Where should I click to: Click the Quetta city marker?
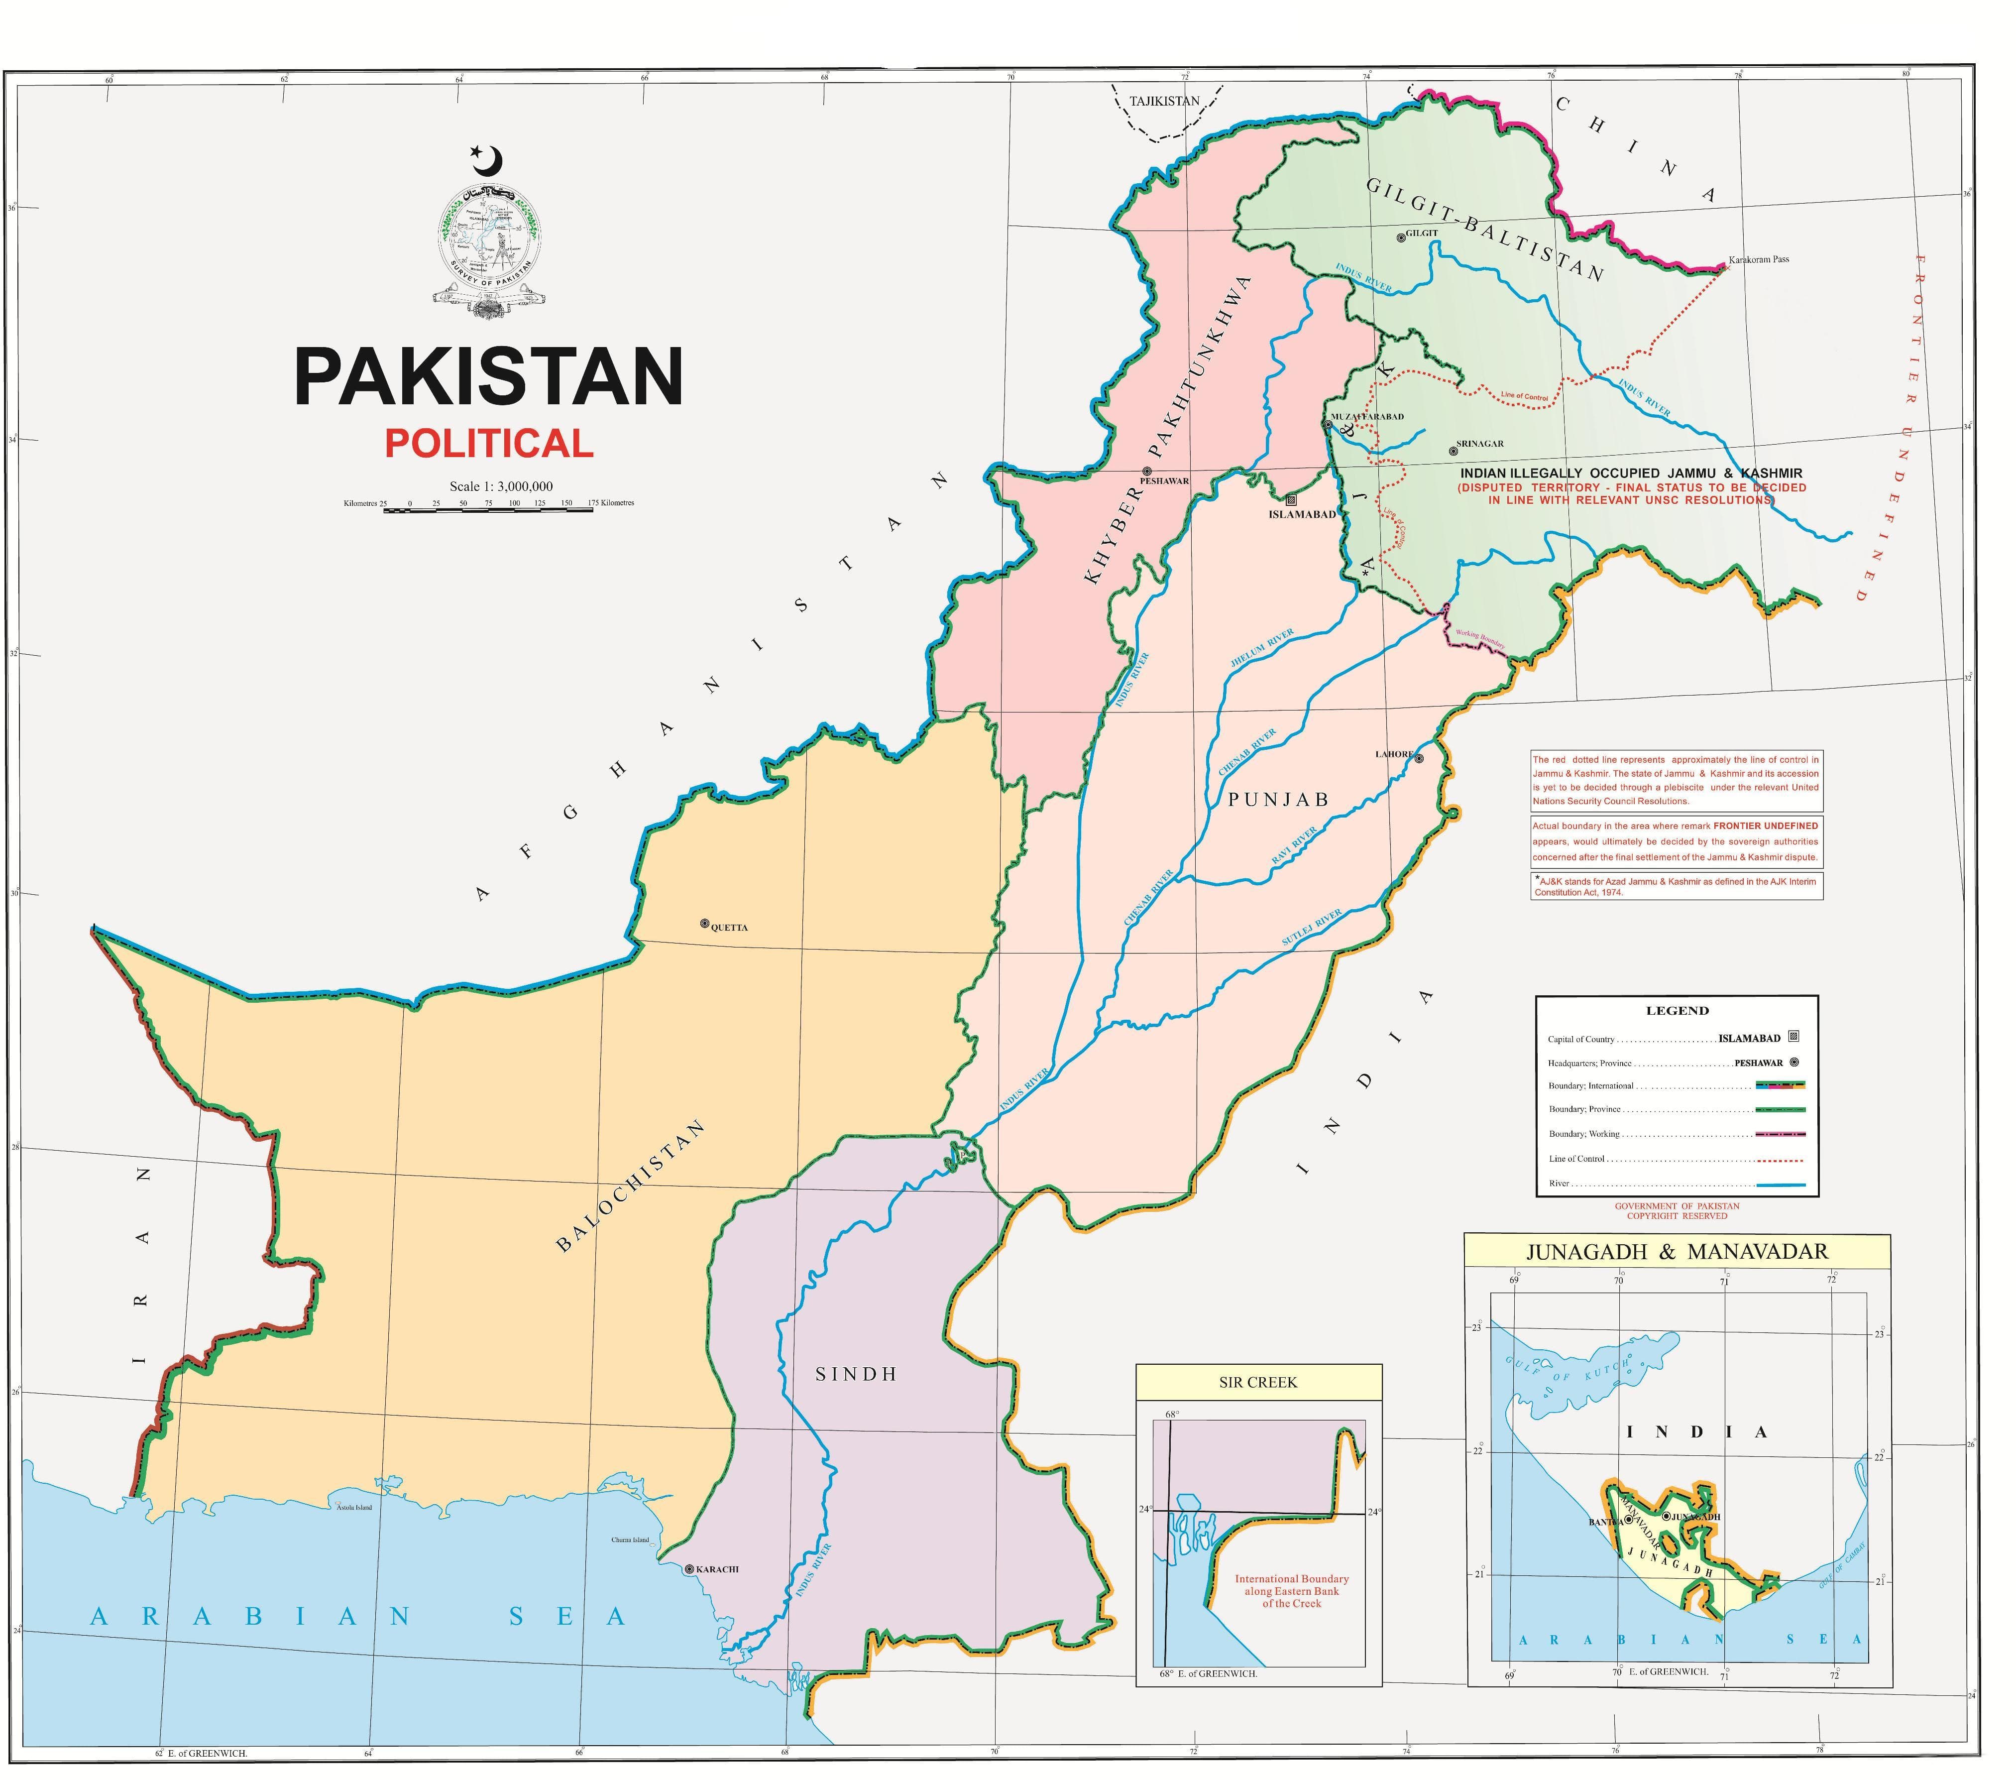704,924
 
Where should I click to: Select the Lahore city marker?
1419,758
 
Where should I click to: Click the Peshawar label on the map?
1165,480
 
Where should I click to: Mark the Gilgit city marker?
1401,237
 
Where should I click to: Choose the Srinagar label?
1479,444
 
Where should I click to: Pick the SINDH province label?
856,1374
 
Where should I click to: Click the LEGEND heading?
1677,1010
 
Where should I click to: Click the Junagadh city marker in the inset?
1666,1516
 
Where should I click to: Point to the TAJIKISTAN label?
1165,101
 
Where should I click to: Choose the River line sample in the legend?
1780,1184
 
